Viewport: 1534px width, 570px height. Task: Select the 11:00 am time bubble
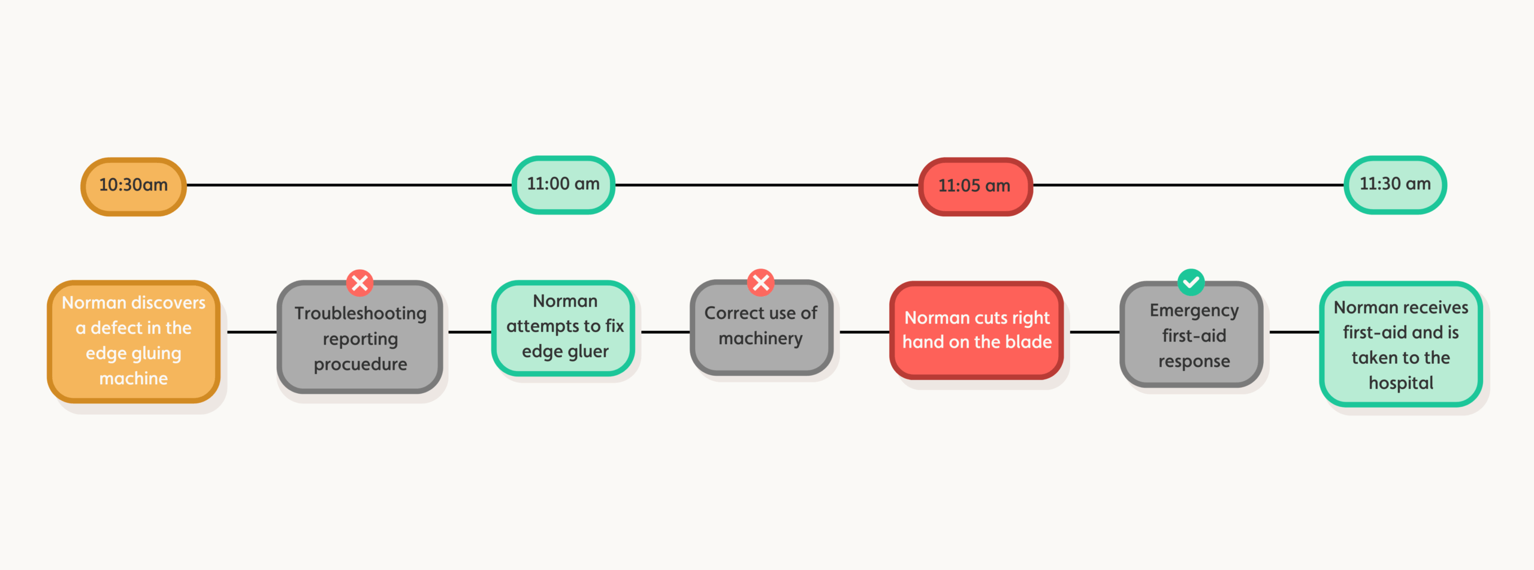[563, 185]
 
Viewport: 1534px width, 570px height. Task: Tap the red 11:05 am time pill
[976, 186]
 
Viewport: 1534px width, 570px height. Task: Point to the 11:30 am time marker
[1395, 185]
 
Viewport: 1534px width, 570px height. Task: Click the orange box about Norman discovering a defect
[134, 341]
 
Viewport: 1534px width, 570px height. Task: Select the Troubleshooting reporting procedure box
[360, 337]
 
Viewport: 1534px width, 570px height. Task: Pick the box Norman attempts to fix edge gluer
[563, 327]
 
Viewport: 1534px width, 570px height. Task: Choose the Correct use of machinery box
[761, 327]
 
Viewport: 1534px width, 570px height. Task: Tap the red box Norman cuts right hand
[977, 330]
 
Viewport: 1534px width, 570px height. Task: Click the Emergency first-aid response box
[1191, 334]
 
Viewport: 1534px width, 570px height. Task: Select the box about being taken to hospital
[1401, 344]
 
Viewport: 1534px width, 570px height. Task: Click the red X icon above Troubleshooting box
[360, 282]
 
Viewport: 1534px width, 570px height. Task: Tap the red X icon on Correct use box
[760, 282]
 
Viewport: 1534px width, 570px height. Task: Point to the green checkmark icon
[1191, 282]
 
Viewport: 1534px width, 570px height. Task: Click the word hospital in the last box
[1401, 384]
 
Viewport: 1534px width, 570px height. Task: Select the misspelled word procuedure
[360, 364]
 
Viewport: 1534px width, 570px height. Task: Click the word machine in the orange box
[134, 379]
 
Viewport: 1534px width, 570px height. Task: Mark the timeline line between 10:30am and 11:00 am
[349, 185]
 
